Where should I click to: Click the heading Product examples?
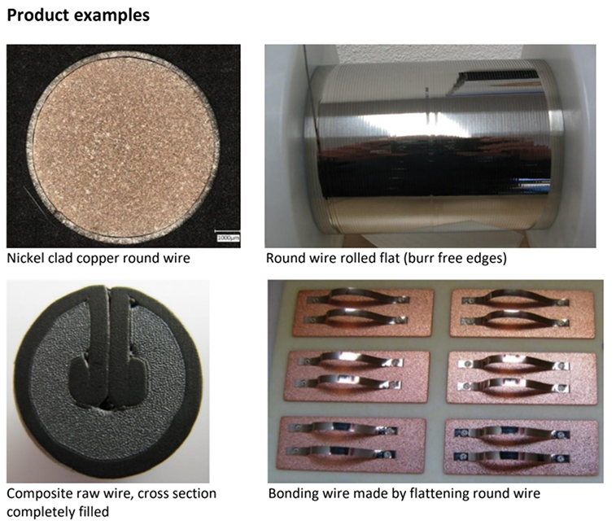(x=78, y=15)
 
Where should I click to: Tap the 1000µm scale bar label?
(x=228, y=238)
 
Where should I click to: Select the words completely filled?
(x=58, y=513)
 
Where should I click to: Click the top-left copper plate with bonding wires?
(x=363, y=313)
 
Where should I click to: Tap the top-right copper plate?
(x=522, y=313)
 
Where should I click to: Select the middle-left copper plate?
(x=356, y=376)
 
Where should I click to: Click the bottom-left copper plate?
(x=351, y=444)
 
